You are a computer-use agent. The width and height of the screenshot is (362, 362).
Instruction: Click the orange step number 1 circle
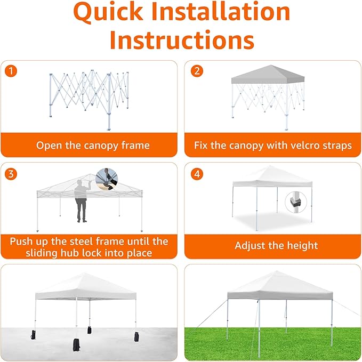11,71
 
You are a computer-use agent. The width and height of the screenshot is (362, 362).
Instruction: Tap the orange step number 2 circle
197,71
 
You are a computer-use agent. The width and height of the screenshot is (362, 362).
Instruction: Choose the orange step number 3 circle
11,174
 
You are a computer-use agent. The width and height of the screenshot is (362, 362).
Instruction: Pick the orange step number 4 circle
197,174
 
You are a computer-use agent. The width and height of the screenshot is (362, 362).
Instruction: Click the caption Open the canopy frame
93,145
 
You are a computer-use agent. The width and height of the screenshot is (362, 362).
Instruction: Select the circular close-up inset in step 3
108,179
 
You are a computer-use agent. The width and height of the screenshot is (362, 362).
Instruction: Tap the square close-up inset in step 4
296,202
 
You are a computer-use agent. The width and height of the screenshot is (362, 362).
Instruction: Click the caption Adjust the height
276,246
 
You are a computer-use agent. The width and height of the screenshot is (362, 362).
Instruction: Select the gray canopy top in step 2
268,74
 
